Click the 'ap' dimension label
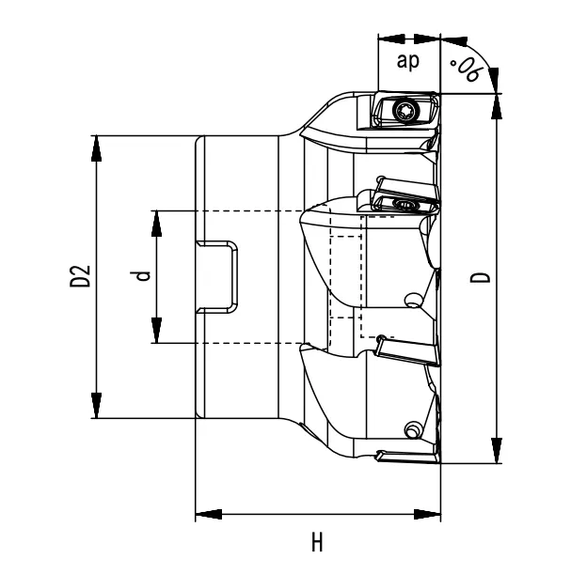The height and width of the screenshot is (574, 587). point(408,62)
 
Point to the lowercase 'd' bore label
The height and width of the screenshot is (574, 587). point(141,276)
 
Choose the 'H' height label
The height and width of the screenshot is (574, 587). point(318,543)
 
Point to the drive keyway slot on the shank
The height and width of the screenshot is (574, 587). point(218,276)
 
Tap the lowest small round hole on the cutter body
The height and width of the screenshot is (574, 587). point(410,430)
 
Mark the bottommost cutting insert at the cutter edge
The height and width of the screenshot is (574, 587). point(406,457)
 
